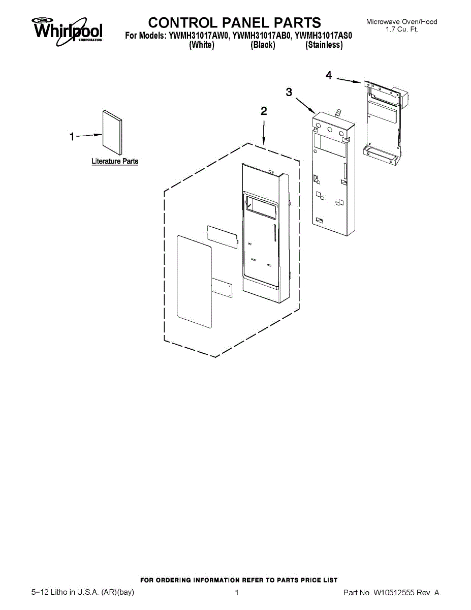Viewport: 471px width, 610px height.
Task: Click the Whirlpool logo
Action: (68, 29)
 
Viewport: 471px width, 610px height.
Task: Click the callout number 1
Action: (72, 136)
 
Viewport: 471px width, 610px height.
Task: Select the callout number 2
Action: (264, 111)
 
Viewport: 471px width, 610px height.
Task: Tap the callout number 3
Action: (289, 91)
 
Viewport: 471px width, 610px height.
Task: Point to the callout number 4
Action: (329, 75)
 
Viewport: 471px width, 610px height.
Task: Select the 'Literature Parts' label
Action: (115, 161)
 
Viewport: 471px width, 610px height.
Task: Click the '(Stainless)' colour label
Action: (324, 45)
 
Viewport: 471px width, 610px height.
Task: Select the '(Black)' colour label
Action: (263, 45)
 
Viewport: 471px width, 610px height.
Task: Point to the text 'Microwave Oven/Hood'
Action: (401, 22)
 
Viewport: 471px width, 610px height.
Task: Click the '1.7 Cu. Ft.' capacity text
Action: (401, 29)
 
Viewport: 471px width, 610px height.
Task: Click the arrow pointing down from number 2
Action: (264, 133)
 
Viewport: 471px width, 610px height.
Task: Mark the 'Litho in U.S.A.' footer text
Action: (82, 593)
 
